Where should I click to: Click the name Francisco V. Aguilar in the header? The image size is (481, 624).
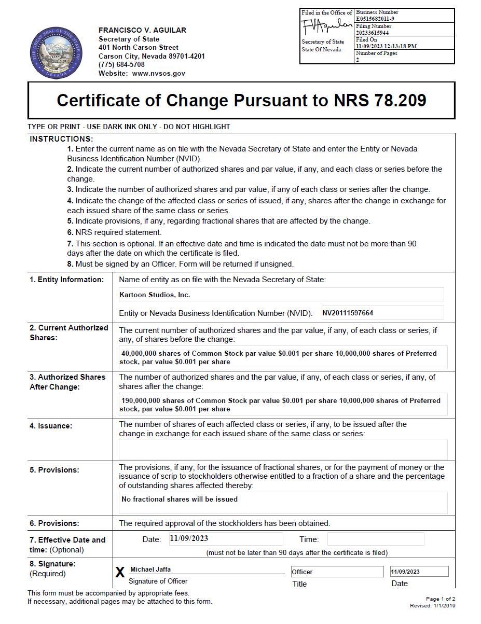pyautogui.click(x=142, y=30)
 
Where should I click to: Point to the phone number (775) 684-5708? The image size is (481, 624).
pyautogui.click(x=121, y=65)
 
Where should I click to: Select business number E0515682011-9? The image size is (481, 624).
pyautogui.click(x=377, y=19)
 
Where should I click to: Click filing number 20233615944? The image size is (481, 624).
pyautogui.click(x=372, y=33)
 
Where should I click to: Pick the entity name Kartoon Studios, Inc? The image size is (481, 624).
pyautogui.click(x=155, y=295)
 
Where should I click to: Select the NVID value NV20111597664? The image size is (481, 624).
pyautogui.click(x=348, y=313)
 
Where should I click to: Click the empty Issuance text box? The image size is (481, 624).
pyautogui.click(x=283, y=449)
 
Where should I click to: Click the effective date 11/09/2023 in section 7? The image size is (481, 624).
pyautogui.click(x=189, y=538)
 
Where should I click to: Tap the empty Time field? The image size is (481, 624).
pyautogui.click(x=375, y=539)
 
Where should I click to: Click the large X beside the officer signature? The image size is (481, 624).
pyautogui.click(x=120, y=572)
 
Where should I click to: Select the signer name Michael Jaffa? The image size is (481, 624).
pyautogui.click(x=150, y=570)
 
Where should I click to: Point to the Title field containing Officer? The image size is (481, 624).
pyautogui.click(x=337, y=572)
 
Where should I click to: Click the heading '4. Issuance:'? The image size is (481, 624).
pyautogui.click(x=51, y=426)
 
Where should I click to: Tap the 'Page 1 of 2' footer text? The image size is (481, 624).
pyautogui.click(x=441, y=599)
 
